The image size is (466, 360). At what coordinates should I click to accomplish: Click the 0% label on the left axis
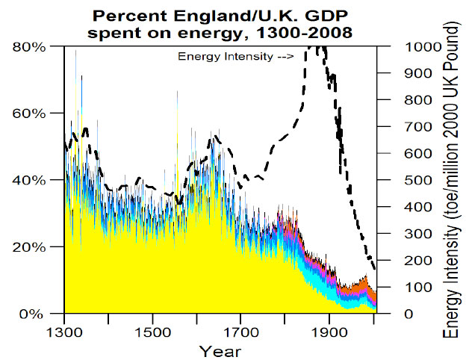click(x=34, y=314)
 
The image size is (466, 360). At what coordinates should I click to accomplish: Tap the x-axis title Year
click(x=220, y=350)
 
